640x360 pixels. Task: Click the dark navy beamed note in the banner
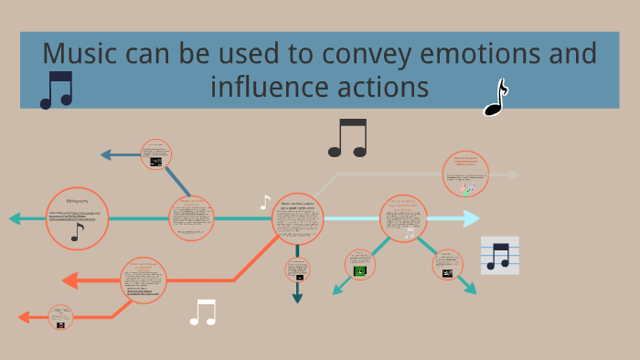pyautogui.click(x=56, y=90)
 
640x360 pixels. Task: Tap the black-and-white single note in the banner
pyautogui.click(x=495, y=99)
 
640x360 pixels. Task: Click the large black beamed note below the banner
pyautogui.click(x=347, y=138)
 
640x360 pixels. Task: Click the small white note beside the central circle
pyautogui.click(x=265, y=203)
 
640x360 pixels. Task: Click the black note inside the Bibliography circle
pyautogui.click(x=77, y=232)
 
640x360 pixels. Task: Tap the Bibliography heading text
pyautogui.click(x=77, y=200)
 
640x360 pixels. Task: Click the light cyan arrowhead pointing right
pyautogui.click(x=471, y=218)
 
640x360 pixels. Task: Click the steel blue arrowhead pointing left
pyautogui.click(x=106, y=155)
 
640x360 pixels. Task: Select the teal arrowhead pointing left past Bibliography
pyautogui.click(x=16, y=218)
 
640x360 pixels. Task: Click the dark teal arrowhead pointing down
pyautogui.click(x=297, y=297)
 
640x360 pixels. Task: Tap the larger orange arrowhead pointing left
pyautogui.click(x=69, y=281)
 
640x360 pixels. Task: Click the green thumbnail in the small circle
pyautogui.click(x=360, y=270)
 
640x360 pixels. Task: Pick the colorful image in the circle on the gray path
pyautogui.click(x=468, y=189)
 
